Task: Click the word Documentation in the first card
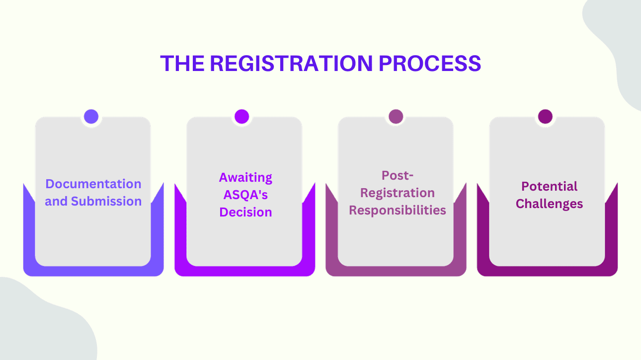pyautogui.click(x=93, y=184)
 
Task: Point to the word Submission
pyautogui.click(x=106, y=202)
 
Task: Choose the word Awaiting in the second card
pyautogui.click(x=246, y=178)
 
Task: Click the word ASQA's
pyautogui.click(x=246, y=195)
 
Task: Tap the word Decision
pyautogui.click(x=246, y=213)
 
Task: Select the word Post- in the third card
pyautogui.click(x=398, y=175)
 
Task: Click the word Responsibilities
pyautogui.click(x=398, y=210)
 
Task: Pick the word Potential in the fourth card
pyautogui.click(x=549, y=187)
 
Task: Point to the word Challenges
pyautogui.click(x=549, y=204)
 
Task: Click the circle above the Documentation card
pyautogui.click(x=91, y=117)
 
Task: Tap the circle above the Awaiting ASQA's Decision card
pyautogui.click(x=241, y=117)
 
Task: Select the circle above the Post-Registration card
pyautogui.click(x=396, y=117)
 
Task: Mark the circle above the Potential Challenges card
pyautogui.click(x=545, y=117)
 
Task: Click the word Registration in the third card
pyautogui.click(x=398, y=193)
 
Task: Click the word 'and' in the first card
pyautogui.click(x=56, y=202)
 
